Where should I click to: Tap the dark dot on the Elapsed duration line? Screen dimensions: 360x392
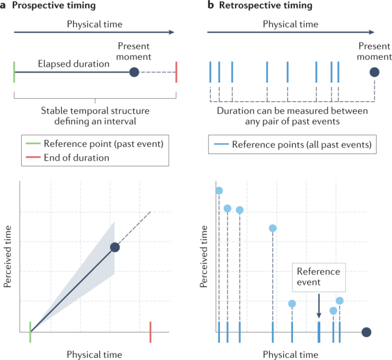coord(134,72)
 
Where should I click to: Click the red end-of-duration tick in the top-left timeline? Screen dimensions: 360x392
coord(176,71)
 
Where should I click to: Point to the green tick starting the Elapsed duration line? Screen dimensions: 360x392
coord(14,71)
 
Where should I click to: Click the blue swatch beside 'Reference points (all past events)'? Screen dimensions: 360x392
coord(219,144)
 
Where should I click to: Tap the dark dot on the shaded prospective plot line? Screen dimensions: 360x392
coord(115,247)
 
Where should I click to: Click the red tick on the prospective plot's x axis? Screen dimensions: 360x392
coord(150,330)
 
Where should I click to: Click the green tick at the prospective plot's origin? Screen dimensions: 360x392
coord(30,330)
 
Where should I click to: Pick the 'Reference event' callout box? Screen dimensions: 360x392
coord(318,277)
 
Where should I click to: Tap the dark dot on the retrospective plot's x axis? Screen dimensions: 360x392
coord(366,332)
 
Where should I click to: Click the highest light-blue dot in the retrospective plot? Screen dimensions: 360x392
coord(219,190)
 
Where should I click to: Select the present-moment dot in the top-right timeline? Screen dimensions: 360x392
coord(374,72)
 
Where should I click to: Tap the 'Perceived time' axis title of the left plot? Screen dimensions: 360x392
coord(9,255)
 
